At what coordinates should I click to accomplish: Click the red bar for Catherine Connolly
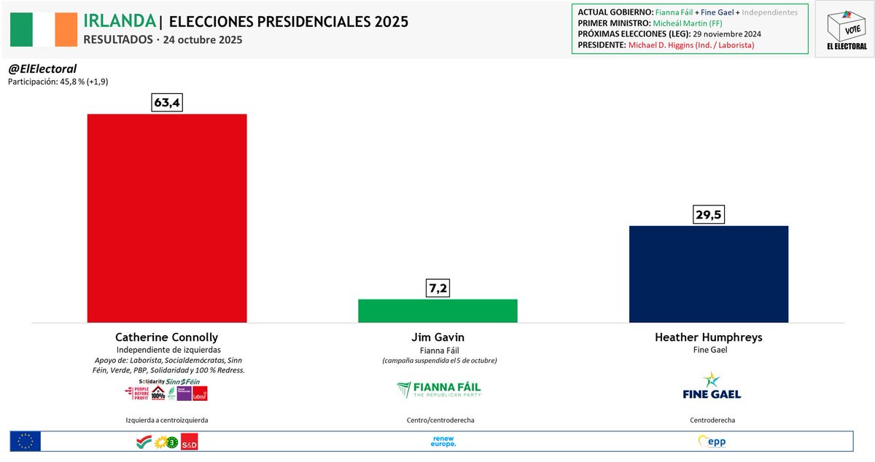(167, 218)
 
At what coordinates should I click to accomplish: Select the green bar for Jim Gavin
(437, 310)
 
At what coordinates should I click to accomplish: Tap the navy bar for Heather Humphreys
(708, 274)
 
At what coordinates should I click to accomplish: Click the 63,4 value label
(167, 103)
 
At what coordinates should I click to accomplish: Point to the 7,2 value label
(437, 289)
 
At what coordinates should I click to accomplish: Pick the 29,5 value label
(708, 215)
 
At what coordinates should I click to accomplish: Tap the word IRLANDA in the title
(120, 20)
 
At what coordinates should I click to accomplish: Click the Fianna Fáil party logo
(438, 390)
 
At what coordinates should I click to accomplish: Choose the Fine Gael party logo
(711, 385)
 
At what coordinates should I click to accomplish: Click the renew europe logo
(443, 441)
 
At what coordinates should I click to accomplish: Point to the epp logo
(712, 442)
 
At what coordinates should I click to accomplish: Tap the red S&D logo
(189, 442)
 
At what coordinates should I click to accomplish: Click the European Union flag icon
(26, 441)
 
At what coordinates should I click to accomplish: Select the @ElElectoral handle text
(42, 68)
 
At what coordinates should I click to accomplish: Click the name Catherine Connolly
(167, 337)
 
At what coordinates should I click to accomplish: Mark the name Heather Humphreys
(708, 337)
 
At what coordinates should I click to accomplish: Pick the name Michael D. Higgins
(664, 44)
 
